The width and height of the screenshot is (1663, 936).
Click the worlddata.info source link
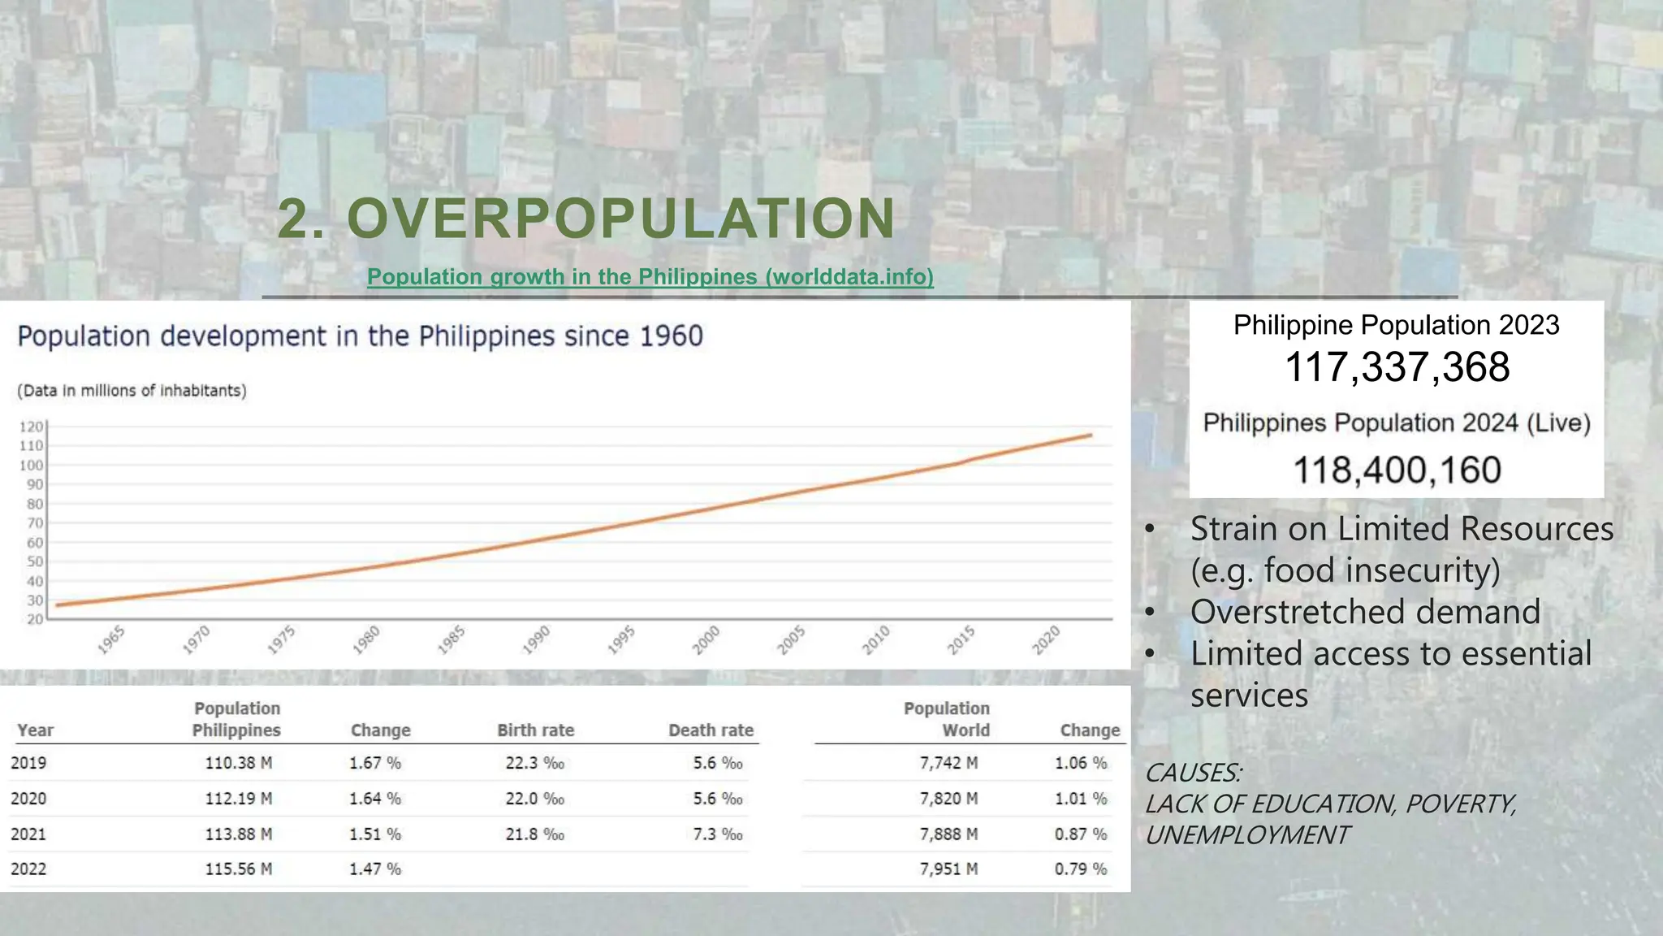pyautogui.click(x=650, y=277)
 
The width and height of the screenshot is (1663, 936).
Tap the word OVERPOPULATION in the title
pyautogui.click(x=621, y=219)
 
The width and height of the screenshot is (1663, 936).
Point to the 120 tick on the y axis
pyautogui.click(x=32, y=427)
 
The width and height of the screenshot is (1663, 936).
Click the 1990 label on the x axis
pyautogui.click(x=537, y=639)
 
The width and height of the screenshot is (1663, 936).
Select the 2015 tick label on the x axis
pyautogui.click(x=961, y=639)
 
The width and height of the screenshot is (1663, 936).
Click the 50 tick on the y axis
pyautogui.click(x=35, y=562)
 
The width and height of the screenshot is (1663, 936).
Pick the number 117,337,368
pyautogui.click(x=1397, y=367)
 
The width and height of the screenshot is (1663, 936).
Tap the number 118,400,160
pyautogui.click(x=1397, y=470)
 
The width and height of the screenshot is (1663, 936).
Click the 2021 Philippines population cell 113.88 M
pyautogui.click(x=238, y=834)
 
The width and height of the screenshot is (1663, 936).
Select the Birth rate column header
pyautogui.click(x=535, y=730)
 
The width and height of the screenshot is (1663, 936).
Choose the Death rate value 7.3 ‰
pyautogui.click(x=718, y=834)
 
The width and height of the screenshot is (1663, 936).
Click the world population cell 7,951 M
pyautogui.click(x=948, y=869)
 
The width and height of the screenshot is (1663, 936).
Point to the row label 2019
pyautogui.click(x=28, y=763)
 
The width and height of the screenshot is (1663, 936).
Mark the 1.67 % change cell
pyautogui.click(x=375, y=763)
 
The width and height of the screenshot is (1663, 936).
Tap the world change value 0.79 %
pyautogui.click(x=1081, y=869)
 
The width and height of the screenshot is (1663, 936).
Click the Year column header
pyautogui.click(x=36, y=730)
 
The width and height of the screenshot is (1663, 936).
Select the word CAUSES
pyautogui.click(x=1193, y=773)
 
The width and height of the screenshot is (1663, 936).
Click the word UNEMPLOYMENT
pyautogui.click(x=1247, y=835)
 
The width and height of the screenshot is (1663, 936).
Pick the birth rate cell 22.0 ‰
pyautogui.click(x=534, y=799)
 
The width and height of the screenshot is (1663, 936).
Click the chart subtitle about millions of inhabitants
pyautogui.click(x=132, y=391)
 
